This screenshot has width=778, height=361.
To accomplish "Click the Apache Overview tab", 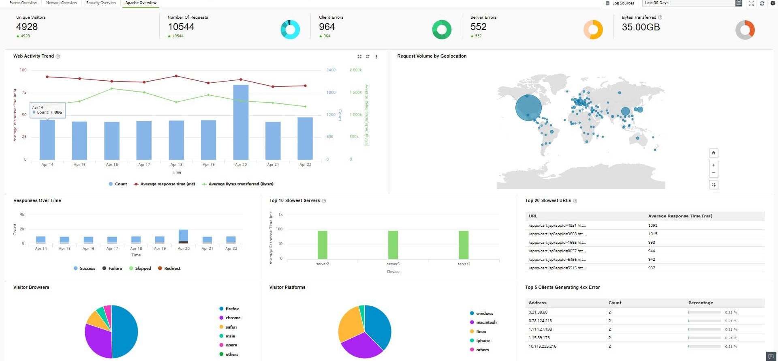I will click(x=141, y=3).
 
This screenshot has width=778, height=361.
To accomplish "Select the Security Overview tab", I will click(x=101, y=3).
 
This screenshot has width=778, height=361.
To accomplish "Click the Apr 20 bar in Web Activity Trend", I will click(x=241, y=122).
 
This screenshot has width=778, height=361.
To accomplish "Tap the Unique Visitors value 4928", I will click(x=27, y=27).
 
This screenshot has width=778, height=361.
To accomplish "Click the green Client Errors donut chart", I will click(x=442, y=30).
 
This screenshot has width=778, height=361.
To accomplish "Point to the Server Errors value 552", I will click(x=478, y=27).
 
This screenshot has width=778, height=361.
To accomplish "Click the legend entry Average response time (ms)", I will click(x=167, y=184).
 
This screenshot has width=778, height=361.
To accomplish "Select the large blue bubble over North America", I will click(x=528, y=107).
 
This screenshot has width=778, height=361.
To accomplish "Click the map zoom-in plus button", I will click(x=714, y=165).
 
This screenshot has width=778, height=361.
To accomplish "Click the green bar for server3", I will click(x=393, y=245).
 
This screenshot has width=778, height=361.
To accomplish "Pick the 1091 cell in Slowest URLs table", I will click(x=652, y=226).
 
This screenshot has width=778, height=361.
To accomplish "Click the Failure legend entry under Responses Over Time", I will click(x=115, y=269).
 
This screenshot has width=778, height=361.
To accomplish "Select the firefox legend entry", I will click(x=232, y=309).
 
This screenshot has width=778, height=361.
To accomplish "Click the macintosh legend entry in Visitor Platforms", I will click(x=486, y=322).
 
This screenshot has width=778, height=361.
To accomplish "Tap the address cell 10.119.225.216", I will click(x=543, y=346).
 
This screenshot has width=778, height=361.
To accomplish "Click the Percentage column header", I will click(x=701, y=303).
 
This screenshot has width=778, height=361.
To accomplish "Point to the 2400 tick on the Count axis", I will click(x=331, y=70).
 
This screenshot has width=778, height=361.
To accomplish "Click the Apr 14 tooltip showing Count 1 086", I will click(x=47, y=110).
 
